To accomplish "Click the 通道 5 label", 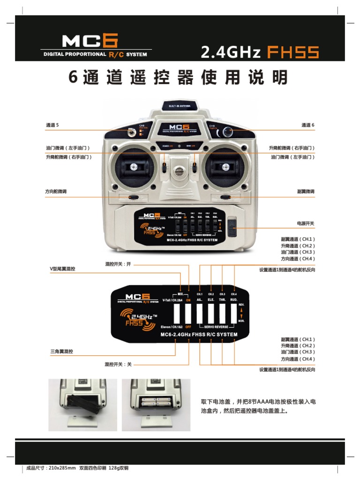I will [x=52, y=125].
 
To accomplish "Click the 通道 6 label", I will [x=307, y=125].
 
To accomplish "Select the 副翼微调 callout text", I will [x=306, y=192].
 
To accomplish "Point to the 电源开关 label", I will [x=306, y=224].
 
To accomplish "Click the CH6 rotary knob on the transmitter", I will [x=228, y=131].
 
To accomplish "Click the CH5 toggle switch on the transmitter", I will [x=132, y=133].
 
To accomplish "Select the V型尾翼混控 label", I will [x=63, y=269].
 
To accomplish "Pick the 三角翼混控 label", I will [x=61, y=351].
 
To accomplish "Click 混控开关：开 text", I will [x=119, y=264].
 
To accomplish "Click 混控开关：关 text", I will [x=118, y=364].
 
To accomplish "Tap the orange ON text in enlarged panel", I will [x=188, y=300].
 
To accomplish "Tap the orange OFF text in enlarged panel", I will [x=188, y=326].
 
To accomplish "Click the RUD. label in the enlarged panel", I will [x=234, y=300].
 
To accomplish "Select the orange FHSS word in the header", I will [x=293, y=52].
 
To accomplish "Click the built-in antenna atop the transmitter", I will [x=180, y=106].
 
